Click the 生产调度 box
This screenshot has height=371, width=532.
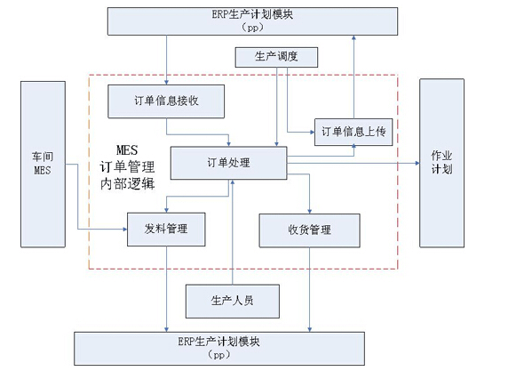coord(275,58)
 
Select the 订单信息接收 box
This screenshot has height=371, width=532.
coord(165,101)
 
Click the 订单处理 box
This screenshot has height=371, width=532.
coord(228,163)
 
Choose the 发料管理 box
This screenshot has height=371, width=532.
coord(169,230)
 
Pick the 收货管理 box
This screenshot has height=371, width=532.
coord(308,230)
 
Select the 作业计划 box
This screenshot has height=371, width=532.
coord(441,163)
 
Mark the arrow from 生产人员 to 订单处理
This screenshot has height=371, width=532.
coord(232,231)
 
